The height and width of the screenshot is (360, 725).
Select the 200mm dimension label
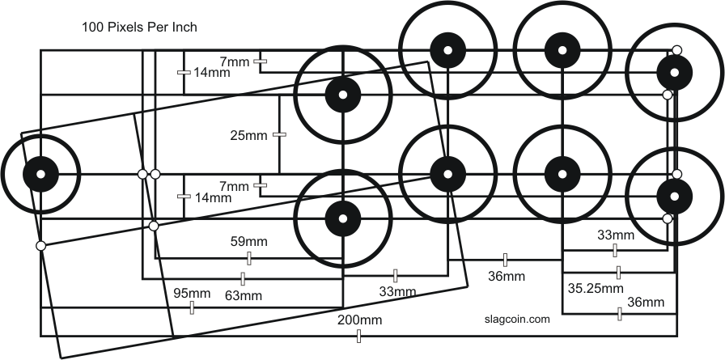[x=360, y=321]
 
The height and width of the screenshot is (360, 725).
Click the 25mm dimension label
[x=248, y=135]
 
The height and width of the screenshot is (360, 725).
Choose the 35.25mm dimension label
[x=595, y=287]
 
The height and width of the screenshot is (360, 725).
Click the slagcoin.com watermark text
[x=517, y=320]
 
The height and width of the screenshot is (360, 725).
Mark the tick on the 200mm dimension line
[x=358, y=336]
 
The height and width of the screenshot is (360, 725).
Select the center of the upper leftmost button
[x=343, y=95]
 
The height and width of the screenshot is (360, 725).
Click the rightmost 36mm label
[x=646, y=303]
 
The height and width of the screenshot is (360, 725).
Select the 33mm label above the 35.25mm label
[x=616, y=236]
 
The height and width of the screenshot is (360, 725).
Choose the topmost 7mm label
[x=235, y=61]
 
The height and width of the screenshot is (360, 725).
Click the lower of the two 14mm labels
[x=212, y=197]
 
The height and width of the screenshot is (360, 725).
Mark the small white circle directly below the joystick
[x=41, y=245]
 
